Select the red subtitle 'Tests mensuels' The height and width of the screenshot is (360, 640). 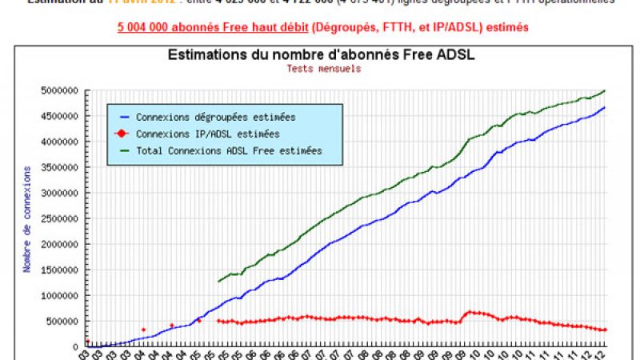(x=323, y=68)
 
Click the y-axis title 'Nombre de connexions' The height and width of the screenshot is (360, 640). (x=27, y=218)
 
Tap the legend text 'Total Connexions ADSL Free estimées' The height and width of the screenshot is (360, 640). (x=229, y=150)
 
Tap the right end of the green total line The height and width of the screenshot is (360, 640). (x=605, y=90)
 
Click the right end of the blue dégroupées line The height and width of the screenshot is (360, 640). (x=605, y=107)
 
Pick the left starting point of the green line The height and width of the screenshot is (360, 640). (x=218, y=282)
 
